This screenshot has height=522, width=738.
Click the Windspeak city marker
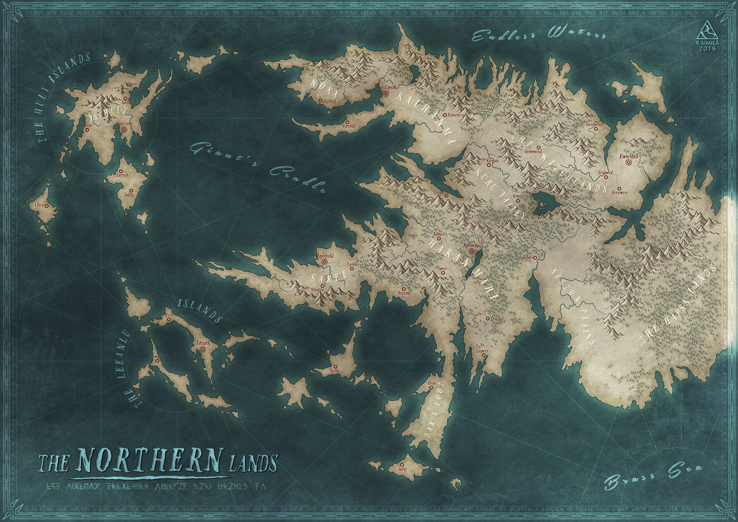(386, 94)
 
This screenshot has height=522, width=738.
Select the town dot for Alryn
(432, 389)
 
